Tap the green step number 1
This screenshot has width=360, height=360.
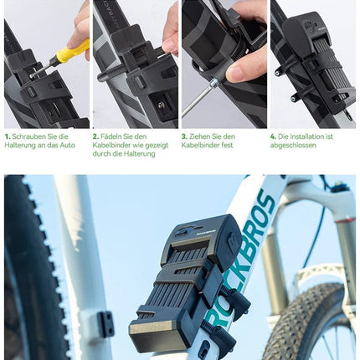(x=7, y=136)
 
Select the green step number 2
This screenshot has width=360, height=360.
(x=95, y=136)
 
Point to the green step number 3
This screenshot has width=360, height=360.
(x=184, y=136)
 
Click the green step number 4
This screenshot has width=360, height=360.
(x=273, y=136)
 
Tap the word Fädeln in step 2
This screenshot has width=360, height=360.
(x=113, y=136)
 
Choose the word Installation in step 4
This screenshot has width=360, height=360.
(x=307, y=136)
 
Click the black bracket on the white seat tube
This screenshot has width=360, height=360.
(x=104, y=323)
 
